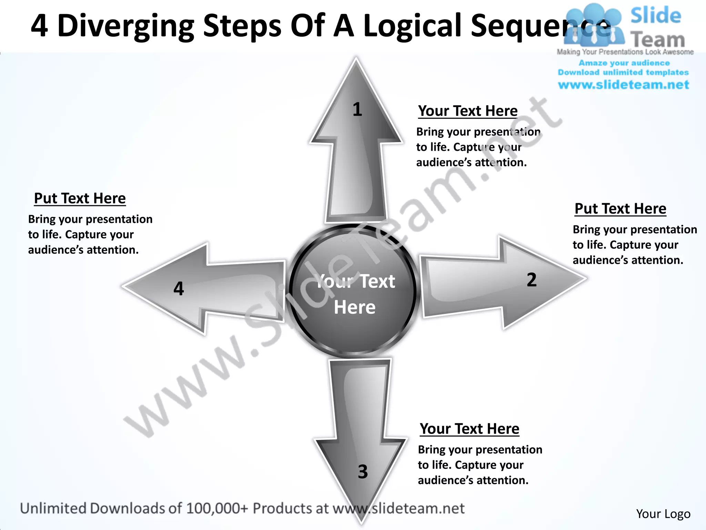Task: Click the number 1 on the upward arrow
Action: pyautogui.click(x=357, y=109)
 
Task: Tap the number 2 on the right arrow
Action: pyautogui.click(x=532, y=279)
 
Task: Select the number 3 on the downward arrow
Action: pyautogui.click(x=363, y=472)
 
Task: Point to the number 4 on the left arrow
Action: pyautogui.click(x=179, y=288)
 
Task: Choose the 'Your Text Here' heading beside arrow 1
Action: pyautogui.click(x=468, y=111)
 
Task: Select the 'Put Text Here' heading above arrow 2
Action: pyautogui.click(x=620, y=209)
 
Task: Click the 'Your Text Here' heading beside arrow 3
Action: pyautogui.click(x=470, y=429)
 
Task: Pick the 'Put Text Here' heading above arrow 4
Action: pyautogui.click(x=80, y=198)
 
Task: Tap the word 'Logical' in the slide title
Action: pyautogui.click(x=412, y=26)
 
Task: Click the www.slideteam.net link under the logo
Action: pyautogui.click(x=623, y=85)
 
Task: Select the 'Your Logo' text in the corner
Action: pyautogui.click(x=663, y=514)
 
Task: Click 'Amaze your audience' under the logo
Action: pyautogui.click(x=624, y=63)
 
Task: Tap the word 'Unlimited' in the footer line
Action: pyautogui.click(x=53, y=508)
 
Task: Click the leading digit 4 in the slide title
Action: pyautogui.click(x=39, y=26)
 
